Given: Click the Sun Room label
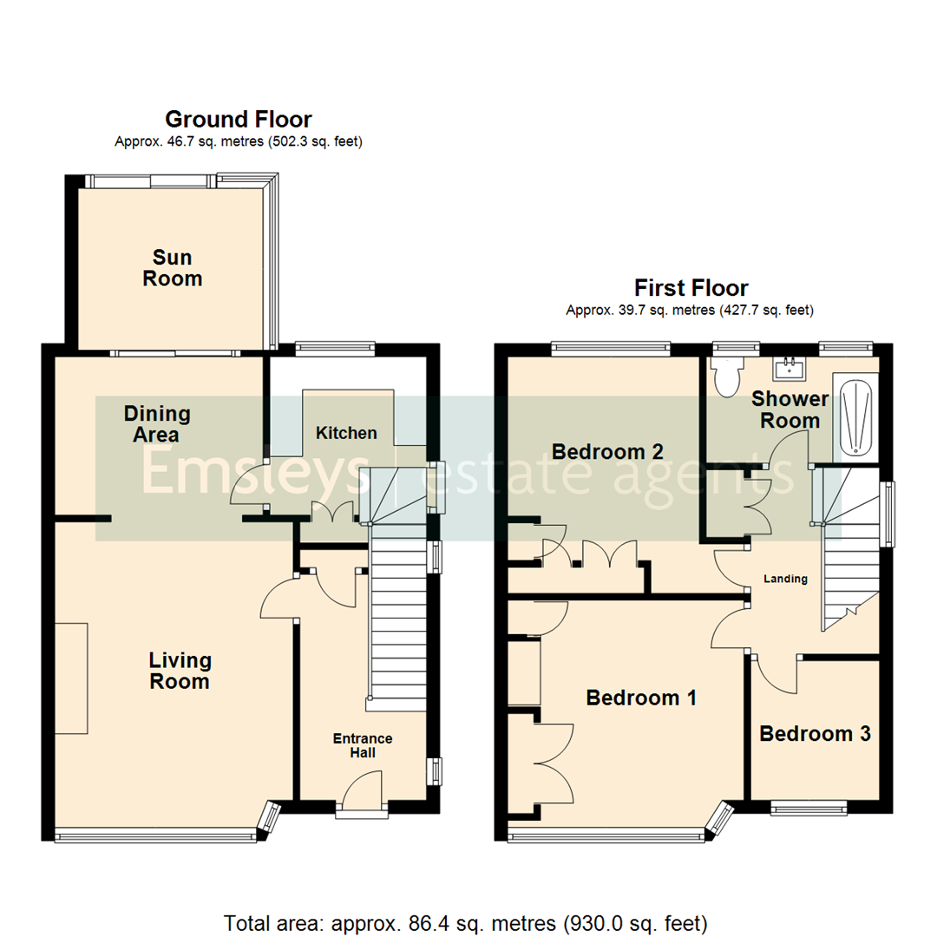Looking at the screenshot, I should point(172,268).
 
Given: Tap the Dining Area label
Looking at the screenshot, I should point(157,423).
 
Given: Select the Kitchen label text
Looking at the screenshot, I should point(346,433).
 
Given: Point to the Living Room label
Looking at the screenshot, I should point(180,671).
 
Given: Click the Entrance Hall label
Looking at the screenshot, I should point(363,745).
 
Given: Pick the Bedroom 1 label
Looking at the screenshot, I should point(641,698).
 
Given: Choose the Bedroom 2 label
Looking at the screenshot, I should point(607,452).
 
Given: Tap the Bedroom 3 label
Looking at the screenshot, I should point(815,734).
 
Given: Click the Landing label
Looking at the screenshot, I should point(785,579).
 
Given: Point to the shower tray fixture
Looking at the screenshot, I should point(855,417).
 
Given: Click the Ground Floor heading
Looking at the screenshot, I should point(238,119).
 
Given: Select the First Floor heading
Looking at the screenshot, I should point(691,287).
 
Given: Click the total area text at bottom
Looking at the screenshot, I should point(466,921).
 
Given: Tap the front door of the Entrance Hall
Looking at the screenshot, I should point(363,796).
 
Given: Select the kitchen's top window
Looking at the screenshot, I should point(335,349).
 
